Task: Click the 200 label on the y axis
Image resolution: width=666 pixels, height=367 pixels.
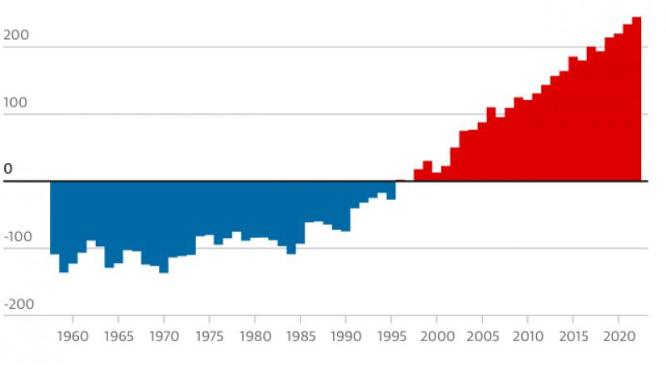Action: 17,36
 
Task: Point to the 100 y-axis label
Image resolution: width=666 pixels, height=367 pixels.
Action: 17,103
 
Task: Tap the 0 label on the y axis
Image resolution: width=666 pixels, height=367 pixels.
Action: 8,170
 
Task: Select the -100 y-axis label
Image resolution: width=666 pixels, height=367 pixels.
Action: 18,237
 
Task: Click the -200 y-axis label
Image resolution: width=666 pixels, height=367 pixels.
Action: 18,304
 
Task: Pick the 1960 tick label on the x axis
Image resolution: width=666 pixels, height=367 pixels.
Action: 72,337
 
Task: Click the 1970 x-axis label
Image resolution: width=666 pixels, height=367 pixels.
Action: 164,337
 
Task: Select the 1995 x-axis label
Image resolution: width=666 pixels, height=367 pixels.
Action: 390,337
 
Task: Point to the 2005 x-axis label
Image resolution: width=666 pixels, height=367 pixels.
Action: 481,337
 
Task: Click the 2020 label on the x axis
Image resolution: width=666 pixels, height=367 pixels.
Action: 618,337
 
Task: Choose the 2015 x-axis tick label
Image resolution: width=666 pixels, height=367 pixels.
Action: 572,337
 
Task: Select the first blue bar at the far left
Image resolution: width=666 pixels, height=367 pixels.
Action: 54,216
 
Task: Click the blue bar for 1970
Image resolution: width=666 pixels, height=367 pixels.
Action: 164,226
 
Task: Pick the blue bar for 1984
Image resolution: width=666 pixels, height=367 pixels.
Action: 291,216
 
